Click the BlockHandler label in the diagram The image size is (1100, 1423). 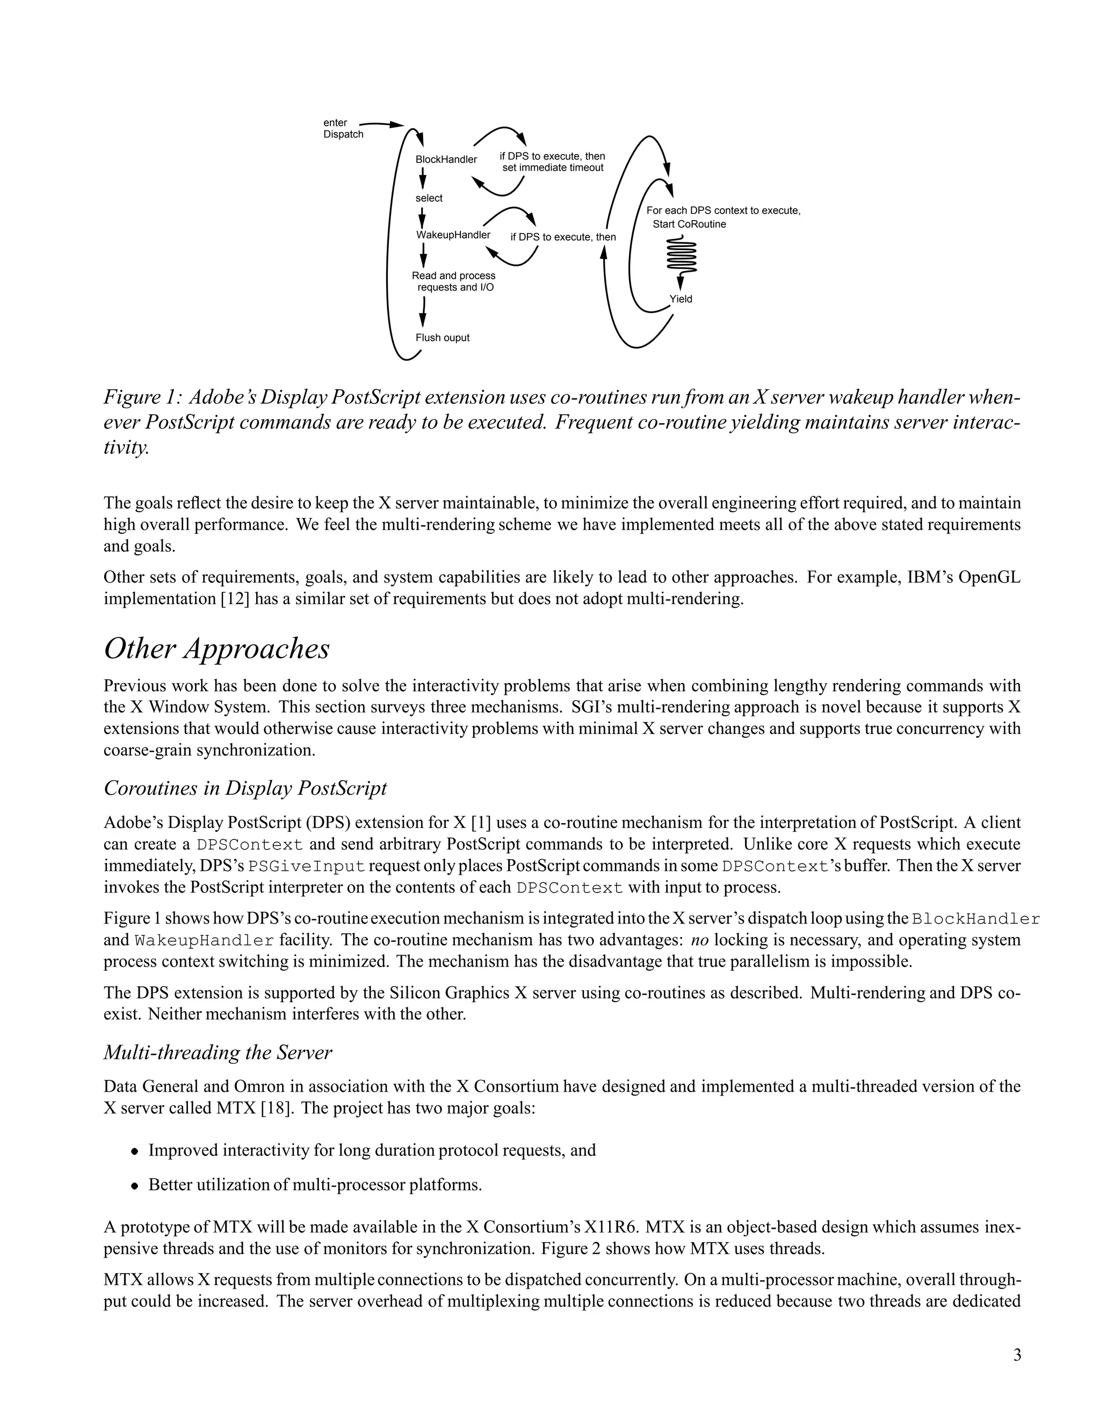[446, 159]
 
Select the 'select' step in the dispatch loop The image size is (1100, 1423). [429, 198]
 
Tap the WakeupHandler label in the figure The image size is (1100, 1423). [453, 235]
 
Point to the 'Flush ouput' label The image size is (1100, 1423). [442, 338]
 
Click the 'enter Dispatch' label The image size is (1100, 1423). [343, 128]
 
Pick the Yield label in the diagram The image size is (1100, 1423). [681, 299]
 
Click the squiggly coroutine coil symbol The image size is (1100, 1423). [682, 256]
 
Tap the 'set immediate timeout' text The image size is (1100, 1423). [553, 168]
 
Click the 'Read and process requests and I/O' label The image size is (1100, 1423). [453, 281]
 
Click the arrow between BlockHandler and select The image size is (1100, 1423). [422, 178]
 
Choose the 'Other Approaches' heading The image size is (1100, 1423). [216, 649]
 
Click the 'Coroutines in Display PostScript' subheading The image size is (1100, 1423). [245, 788]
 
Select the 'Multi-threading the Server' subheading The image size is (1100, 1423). [218, 1052]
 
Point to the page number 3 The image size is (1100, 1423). [1017, 1356]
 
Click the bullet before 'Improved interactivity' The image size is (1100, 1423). [134, 1151]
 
